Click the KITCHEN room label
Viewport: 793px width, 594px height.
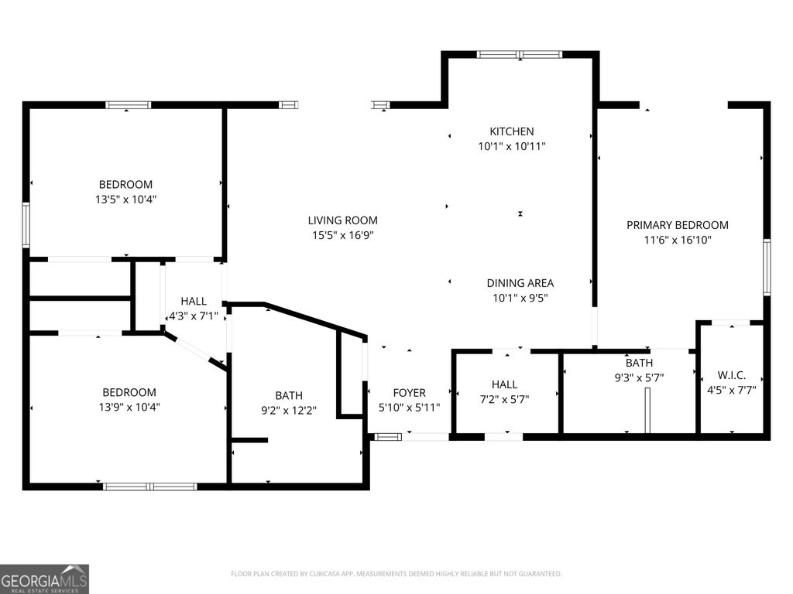[511, 131]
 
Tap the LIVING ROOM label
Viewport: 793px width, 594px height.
[342, 220]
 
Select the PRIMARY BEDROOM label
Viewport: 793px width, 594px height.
[677, 225]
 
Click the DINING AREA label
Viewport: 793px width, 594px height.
[520, 283]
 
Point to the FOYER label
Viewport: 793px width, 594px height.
[409, 393]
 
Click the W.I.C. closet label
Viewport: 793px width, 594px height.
[731, 375]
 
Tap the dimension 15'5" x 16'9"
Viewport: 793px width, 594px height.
[342, 235]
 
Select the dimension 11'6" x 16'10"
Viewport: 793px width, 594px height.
[677, 240]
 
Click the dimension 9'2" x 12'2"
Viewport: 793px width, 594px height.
[289, 410]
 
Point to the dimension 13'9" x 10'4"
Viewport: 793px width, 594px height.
[129, 407]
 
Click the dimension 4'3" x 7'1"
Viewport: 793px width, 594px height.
[193, 316]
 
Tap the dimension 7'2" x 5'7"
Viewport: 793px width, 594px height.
[504, 399]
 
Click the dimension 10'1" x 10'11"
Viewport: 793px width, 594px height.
[512, 146]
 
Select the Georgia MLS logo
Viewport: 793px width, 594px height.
[44, 579]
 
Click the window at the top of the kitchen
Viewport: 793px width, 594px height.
[520, 55]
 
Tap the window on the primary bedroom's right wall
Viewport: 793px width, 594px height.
[767, 267]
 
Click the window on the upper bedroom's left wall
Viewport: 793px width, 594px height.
[26, 225]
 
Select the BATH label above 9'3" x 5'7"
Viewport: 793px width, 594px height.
[639, 363]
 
